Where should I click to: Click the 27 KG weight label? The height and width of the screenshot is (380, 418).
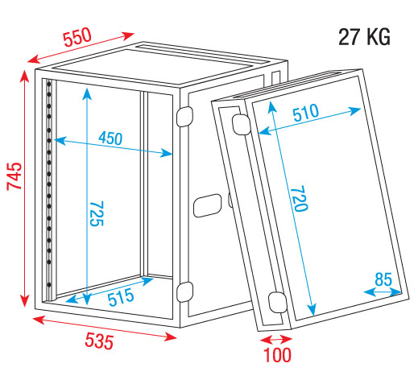coord(364,37)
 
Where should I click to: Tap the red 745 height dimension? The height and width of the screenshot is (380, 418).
coord(14,176)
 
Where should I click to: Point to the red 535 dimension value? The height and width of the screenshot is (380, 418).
coord(99,341)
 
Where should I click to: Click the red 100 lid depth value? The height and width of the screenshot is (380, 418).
coord(277,355)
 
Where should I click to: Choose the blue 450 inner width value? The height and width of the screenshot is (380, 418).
coord(110,138)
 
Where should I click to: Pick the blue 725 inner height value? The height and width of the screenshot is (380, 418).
coord(96,213)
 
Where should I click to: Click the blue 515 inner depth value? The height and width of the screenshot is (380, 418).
coord(121,297)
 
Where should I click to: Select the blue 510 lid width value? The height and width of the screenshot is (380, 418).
coord(305,113)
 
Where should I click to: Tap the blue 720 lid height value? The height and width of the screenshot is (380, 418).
coord(299,198)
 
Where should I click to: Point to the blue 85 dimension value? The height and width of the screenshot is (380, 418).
coord(383,279)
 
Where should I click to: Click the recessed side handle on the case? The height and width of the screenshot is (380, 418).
coord(207,205)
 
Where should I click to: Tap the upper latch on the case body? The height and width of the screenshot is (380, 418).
coord(184,116)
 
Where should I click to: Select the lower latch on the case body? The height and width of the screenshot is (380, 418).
coord(184,291)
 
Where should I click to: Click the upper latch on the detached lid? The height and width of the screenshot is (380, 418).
coord(241,124)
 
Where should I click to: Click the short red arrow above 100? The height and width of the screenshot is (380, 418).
coord(276,340)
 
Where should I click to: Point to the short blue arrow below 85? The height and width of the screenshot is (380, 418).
coord(383,292)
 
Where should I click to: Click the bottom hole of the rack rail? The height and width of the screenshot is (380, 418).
coord(49,284)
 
